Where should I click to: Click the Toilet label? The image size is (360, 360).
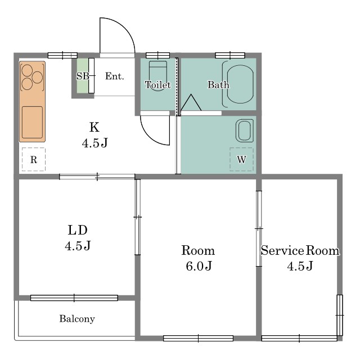[x=158, y=85]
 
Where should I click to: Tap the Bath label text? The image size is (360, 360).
[x=218, y=85]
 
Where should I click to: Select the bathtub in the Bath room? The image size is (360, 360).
[x=238, y=84]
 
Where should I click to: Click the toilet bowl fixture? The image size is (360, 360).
[x=158, y=76]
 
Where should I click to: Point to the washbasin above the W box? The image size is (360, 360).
[x=245, y=130]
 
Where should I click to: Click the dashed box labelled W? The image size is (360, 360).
[x=241, y=159]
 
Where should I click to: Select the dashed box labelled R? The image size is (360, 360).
[x=34, y=159]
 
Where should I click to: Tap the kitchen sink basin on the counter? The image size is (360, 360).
[x=33, y=123]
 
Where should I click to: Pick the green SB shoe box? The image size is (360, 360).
[x=83, y=76]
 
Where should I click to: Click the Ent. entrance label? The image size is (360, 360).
[x=114, y=76]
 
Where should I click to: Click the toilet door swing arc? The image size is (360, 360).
[x=150, y=136]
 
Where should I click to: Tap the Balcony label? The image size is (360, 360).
[x=77, y=319]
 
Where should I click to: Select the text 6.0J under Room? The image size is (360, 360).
[x=199, y=266]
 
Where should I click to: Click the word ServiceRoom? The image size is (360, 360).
[x=300, y=250]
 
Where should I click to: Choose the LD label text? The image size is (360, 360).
[x=78, y=230]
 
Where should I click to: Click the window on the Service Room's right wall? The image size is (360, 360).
[x=340, y=315]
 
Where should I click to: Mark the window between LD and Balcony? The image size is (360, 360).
[x=74, y=298]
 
